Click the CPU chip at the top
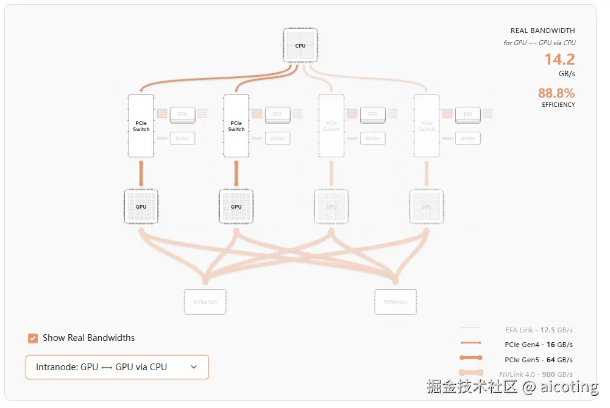click(300, 46)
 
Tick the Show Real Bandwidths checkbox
click(33, 338)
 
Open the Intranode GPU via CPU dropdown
click(117, 367)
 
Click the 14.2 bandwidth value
click(559, 59)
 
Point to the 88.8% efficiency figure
click(556, 93)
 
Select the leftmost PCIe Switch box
click(141, 126)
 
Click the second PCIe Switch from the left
click(236, 126)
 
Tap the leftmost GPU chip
click(141, 206)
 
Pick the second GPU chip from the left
click(236, 206)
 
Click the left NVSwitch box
click(205, 302)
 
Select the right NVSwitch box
click(395, 302)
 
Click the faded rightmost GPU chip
click(427, 206)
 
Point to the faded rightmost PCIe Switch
click(427, 126)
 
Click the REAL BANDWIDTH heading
click(542, 30)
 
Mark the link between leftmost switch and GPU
click(141, 173)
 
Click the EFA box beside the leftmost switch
click(182, 114)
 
